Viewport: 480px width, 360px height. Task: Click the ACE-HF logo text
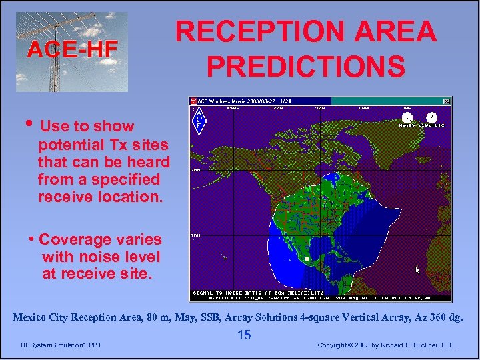coord(72,49)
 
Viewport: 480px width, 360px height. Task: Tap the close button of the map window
coord(447,101)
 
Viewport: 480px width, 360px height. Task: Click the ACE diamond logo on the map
coord(199,121)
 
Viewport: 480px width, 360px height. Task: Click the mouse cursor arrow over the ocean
coord(418,270)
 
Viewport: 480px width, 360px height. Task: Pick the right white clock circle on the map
coord(432,118)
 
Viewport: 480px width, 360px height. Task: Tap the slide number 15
coord(244,335)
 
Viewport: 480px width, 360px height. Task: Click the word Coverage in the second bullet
coord(67,239)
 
